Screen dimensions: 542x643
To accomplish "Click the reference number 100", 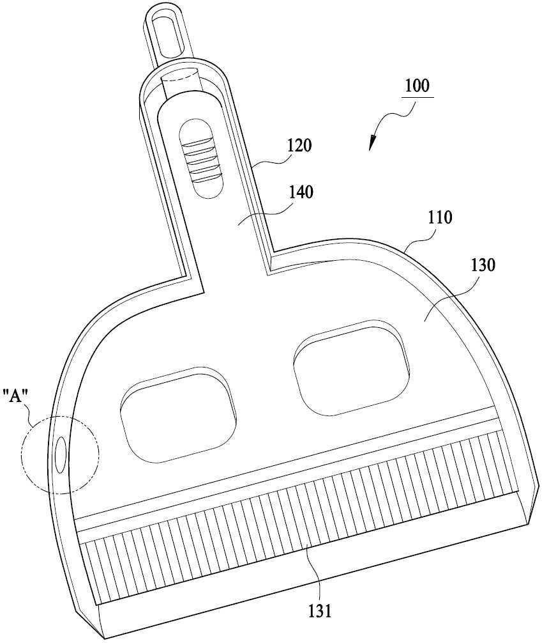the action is pyautogui.click(x=418, y=86).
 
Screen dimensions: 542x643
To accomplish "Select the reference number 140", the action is pyautogui.click(x=301, y=192).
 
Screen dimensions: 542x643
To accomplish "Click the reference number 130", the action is pyautogui.click(x=483, y=265).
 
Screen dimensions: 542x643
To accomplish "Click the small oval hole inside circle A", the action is pyautogui.click(x=60, y=455).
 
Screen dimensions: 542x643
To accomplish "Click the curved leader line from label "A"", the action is pyautogui.click(x=30, y=412).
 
